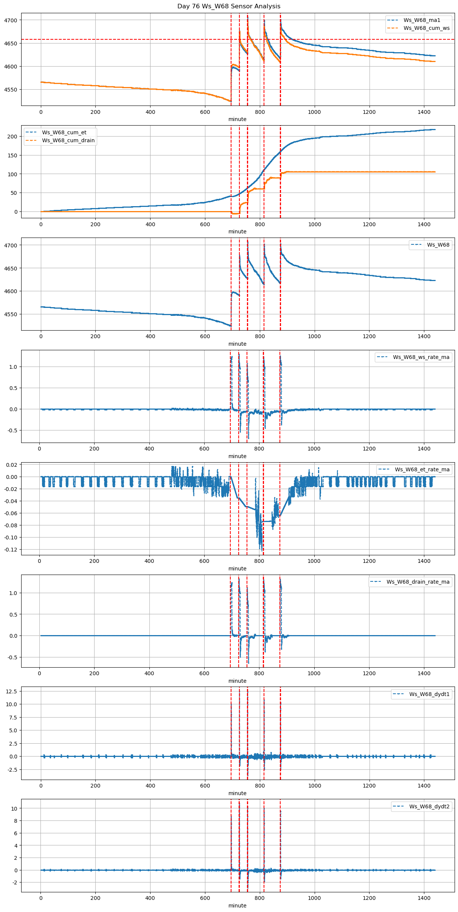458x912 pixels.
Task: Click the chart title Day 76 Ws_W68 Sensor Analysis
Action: coord(229,6)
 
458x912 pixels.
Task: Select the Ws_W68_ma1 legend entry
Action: coord(422,20)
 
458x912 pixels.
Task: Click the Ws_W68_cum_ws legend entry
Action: coord(426,28)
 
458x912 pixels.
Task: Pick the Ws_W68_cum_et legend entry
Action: coord(64,132)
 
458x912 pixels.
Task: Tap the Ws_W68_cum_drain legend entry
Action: coord(68,140)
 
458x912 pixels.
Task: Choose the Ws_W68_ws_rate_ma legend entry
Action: coord(421,357)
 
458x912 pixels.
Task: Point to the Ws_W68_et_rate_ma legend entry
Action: coord(422,469)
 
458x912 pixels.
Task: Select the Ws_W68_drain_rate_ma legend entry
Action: coord(418,582)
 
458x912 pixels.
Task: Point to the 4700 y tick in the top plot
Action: coord(11,20)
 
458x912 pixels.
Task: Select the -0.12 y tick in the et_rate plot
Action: coord(11,549)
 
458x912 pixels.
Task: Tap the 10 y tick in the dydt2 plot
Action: coord(14,808)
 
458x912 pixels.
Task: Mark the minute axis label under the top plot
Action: coord(237,119)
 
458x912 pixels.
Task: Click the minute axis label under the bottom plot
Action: coord(237,906)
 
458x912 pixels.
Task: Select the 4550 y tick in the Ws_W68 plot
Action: coord(11,314)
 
